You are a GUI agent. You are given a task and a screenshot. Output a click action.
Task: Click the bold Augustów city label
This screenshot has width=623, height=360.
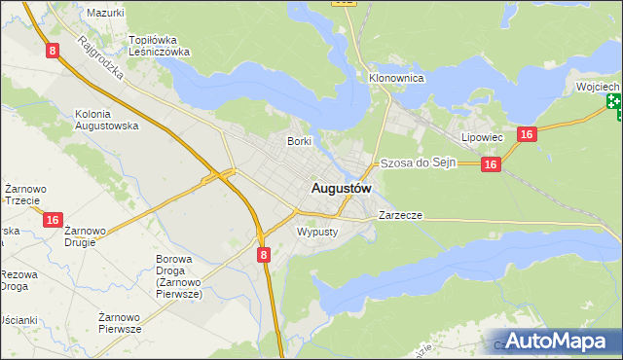click(x=341, y=187)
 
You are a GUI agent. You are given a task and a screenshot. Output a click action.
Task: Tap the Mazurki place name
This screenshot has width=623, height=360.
click(x=105, y=13)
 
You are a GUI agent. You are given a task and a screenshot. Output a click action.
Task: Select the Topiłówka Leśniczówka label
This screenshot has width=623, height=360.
click(x=160, y=46)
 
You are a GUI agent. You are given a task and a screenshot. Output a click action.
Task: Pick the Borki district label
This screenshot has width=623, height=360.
click(x=299, y=141)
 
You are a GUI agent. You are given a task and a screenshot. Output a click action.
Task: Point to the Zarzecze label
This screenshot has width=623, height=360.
click(x=400, y=215)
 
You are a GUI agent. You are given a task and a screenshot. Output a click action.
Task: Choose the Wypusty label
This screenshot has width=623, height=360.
click(x=316, y=232)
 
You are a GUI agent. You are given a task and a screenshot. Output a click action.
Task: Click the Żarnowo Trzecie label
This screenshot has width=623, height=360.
click(x=21, y=194)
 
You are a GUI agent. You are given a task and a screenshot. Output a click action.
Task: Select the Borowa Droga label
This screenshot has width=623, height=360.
click(x=178, y=275)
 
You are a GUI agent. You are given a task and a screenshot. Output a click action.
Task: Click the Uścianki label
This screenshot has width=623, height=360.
click(x=18, y=320)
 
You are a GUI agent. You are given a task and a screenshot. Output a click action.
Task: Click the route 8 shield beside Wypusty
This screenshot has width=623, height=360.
click(x=264, y=254)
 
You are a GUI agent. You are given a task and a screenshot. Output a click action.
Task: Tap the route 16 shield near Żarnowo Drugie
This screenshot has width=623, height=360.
click(x=53, y=221)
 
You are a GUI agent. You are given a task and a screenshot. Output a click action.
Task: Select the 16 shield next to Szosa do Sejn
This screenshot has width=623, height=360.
click(x=491, y=165)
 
